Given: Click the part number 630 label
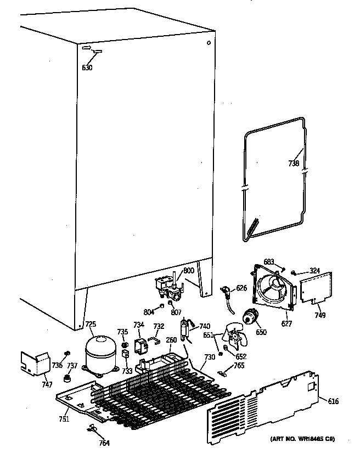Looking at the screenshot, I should [x=87, y=68].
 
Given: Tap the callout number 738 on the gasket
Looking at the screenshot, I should [x=294, y=163].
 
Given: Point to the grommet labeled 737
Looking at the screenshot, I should [x=69, y=378].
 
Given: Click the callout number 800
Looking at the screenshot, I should [x=188, y=271].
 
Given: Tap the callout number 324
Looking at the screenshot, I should [x=314, y=270].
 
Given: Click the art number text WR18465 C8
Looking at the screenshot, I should [x=302, y=439].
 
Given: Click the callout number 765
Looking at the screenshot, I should [x=239, y=365].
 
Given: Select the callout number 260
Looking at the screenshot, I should [x=171, y=340].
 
